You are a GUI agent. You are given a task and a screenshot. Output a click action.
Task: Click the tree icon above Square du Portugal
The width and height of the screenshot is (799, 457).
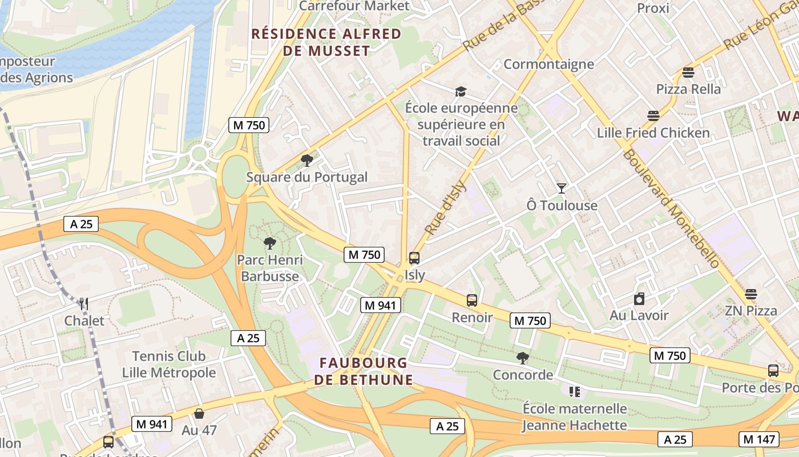click(x=307, y=160)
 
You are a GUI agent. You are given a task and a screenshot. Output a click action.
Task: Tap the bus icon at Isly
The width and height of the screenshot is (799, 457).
click(x=414, y=258)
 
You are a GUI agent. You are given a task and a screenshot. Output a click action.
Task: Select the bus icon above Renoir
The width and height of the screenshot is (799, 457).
click(x=472, y=300)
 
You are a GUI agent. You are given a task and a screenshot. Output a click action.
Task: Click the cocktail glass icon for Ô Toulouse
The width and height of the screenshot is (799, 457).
click(x=562, y=189)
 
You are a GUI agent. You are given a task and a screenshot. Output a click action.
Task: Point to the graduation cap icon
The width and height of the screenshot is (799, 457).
click(x=461, y=91)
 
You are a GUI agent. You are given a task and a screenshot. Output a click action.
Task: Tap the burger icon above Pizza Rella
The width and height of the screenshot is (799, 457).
click(x=688, y=73)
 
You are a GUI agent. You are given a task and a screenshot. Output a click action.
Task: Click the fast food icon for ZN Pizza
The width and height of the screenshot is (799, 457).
click(x=750, y=294)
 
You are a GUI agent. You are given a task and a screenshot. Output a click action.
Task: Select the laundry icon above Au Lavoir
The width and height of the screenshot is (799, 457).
click(x=639, y=299)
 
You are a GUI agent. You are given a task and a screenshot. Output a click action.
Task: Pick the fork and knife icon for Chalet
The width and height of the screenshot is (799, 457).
click(x=84, y=304)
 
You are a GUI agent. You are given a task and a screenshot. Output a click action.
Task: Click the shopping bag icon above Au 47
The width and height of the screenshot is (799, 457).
click(x=199, y=413)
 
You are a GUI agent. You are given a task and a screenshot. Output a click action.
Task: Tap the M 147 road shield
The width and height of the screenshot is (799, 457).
click(x=758, y=439)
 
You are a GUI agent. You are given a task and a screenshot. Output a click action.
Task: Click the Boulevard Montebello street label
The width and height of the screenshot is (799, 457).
click(x=671, y=209)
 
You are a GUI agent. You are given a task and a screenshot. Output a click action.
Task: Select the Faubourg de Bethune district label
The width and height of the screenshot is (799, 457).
click(x=364, y=371)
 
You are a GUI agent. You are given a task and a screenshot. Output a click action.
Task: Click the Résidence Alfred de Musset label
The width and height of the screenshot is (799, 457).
click(x=326, y=42)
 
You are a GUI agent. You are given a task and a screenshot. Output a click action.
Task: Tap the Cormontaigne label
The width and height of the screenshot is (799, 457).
click(x=548, y=64)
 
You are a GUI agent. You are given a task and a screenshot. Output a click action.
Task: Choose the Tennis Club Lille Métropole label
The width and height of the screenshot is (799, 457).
click(x=169, y=364)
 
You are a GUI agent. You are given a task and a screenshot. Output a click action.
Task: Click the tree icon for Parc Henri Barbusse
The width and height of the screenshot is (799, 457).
click(x=270, y=243)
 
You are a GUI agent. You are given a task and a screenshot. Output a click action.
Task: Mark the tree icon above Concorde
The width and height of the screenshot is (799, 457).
click(x=522, y=358)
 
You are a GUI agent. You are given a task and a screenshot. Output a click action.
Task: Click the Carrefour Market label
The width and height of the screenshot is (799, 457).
click(x=354, y=6)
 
